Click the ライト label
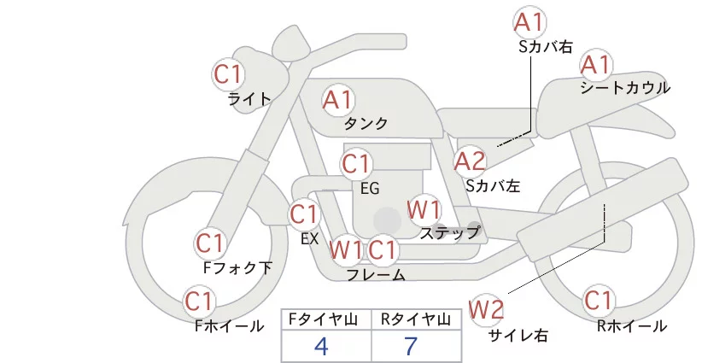pyautogui.click(x=249, y=98)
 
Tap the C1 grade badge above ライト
pyautogui.click(x=228, y=74)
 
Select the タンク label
pyautogui.click(x=366, y=124)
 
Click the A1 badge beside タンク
pyautogui.click(x=337, y=101)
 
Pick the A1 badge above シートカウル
pyautogui.click(x=595, y=65)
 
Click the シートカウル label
pyautogui.click(x=625, y=88)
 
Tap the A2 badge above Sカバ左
pyautogui.click(x=470, y=161)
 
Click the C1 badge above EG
pyautogui.click(x=356, y=163)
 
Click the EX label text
pyautogui.click(x=309, y=239)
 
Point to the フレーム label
pyautogui.click(x=376, y=274)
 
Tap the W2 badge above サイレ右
pyautogui.click(x=487, y=308)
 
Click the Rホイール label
pyautogui.click(x=633, y=326)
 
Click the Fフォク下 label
pyautogui.click(x=237, y=268)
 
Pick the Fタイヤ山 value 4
pyautogui.click(x=321, y=346)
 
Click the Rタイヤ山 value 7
pyautogui.click(x=412, y=346)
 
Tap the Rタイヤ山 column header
pyautogui.click(x=415, y=319)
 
